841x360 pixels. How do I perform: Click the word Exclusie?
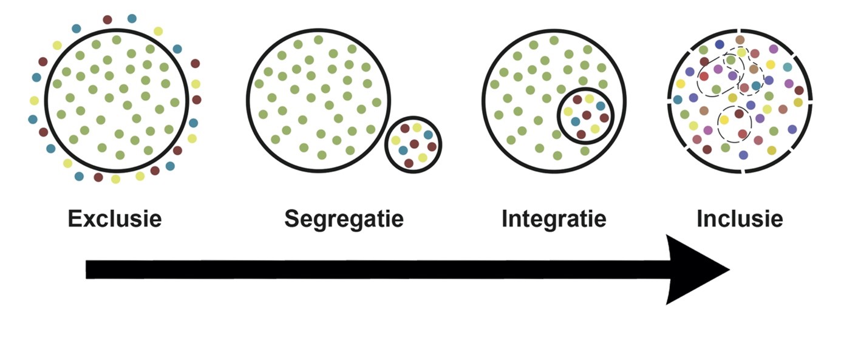point(115,218)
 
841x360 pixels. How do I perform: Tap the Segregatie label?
point(344,218)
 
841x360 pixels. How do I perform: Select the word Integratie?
point(554,218)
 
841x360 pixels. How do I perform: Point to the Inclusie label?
point(740,218)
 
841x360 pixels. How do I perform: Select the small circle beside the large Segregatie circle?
point(413,144)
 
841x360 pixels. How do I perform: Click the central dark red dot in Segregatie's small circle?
point(414,144)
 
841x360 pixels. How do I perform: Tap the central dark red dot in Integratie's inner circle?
point(587,115)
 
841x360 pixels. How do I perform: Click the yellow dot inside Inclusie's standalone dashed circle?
point(724,120)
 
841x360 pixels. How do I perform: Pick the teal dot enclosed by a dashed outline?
point(756,86)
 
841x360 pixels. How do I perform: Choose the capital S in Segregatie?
point(292,218)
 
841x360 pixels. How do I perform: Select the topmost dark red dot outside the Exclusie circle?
point(107,19)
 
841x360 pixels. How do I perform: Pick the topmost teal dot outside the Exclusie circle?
point(132,18)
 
